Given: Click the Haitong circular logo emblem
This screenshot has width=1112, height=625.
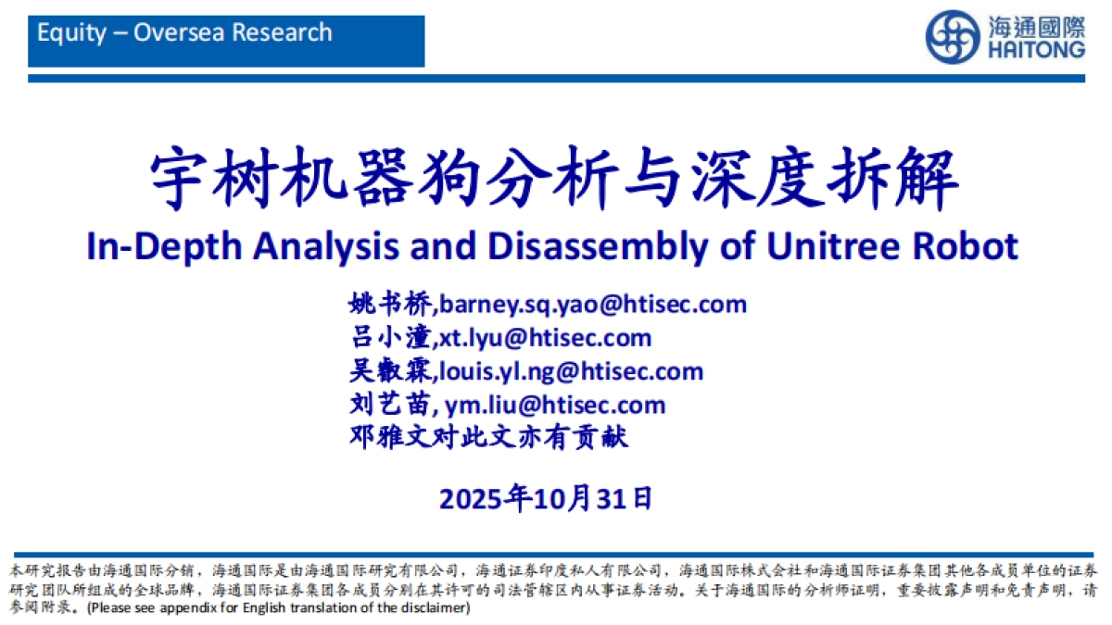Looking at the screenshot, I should tap(953, 37).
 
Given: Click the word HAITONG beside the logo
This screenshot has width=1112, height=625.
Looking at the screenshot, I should tap(1036, 51).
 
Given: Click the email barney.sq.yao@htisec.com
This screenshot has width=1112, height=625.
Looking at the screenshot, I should tap(593, 304).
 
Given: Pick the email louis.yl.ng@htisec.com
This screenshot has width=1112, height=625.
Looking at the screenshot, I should tap(571, 371).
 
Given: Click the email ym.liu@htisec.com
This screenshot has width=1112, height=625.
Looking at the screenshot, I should tap(555, 405).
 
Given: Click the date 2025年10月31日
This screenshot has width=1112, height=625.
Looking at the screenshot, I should tap(547, 499).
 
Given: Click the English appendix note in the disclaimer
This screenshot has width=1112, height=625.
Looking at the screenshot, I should tap(278, 608).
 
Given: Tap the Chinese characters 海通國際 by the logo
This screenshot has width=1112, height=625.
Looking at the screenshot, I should tap(1036, 26).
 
